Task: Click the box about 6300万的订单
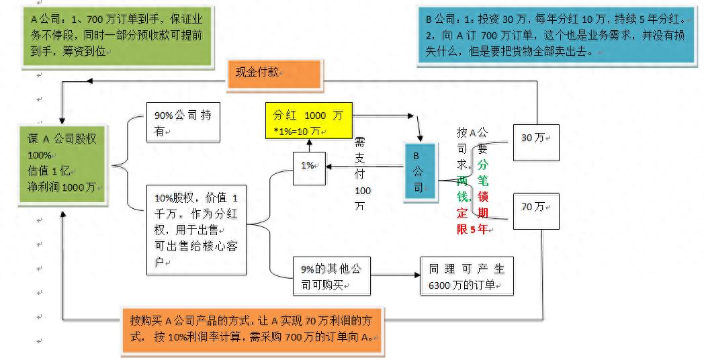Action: coord(467,275)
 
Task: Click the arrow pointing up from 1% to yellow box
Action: coord(309,144)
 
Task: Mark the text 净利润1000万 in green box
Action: coord(61,187)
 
